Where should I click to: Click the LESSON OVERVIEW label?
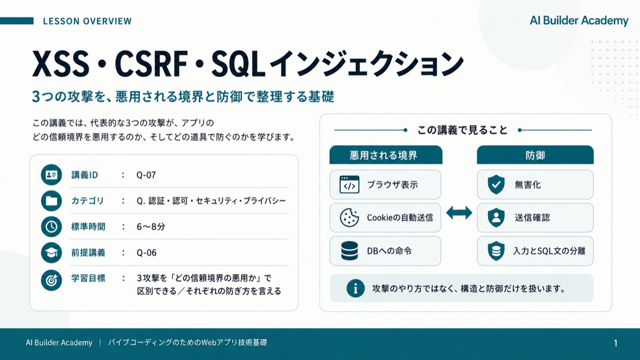[87, 21]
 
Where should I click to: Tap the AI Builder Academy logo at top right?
[579, 21]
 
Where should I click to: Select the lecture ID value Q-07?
[146, 175]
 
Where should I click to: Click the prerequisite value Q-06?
[147, 253]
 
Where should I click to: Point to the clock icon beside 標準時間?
[51, 227]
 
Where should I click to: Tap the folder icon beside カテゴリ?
[51, 201]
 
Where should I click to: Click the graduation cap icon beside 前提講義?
[51, 253]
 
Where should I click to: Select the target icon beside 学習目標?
[51, 281]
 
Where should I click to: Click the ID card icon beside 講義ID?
[51, 174]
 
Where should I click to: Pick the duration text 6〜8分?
[151, 227]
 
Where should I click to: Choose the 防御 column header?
[535, 155]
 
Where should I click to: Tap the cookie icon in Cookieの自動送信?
[349, 218]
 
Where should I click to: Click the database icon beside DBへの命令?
[349, 251]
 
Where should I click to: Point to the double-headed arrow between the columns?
[459, 213]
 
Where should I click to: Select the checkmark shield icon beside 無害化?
[496, 185]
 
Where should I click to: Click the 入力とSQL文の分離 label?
[549, 251]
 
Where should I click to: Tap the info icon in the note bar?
[355, 289]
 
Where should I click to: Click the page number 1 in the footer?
[615, 343]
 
